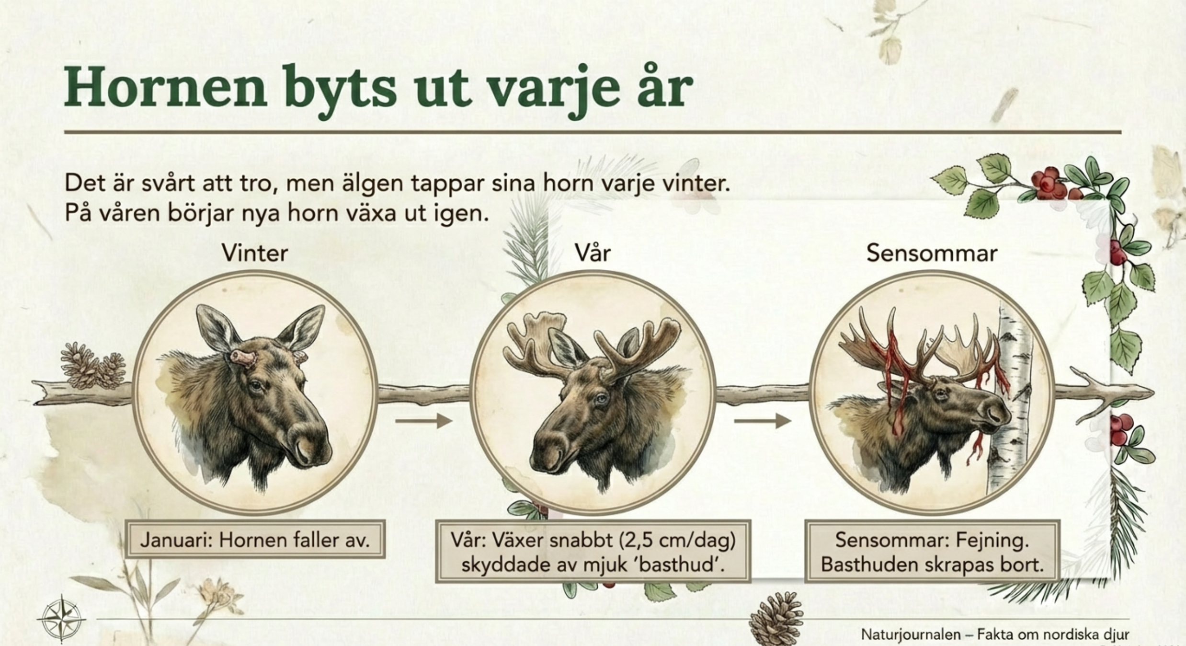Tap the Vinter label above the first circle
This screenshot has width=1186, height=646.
coord(255,253)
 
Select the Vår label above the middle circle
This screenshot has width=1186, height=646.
coord(593,252)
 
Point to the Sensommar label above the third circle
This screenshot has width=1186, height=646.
coord(932,253)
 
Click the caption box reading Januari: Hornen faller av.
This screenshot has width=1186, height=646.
coord(255,540)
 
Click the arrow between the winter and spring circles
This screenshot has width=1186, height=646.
coord(424,421)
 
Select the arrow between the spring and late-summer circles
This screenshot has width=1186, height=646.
coord(763,421)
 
